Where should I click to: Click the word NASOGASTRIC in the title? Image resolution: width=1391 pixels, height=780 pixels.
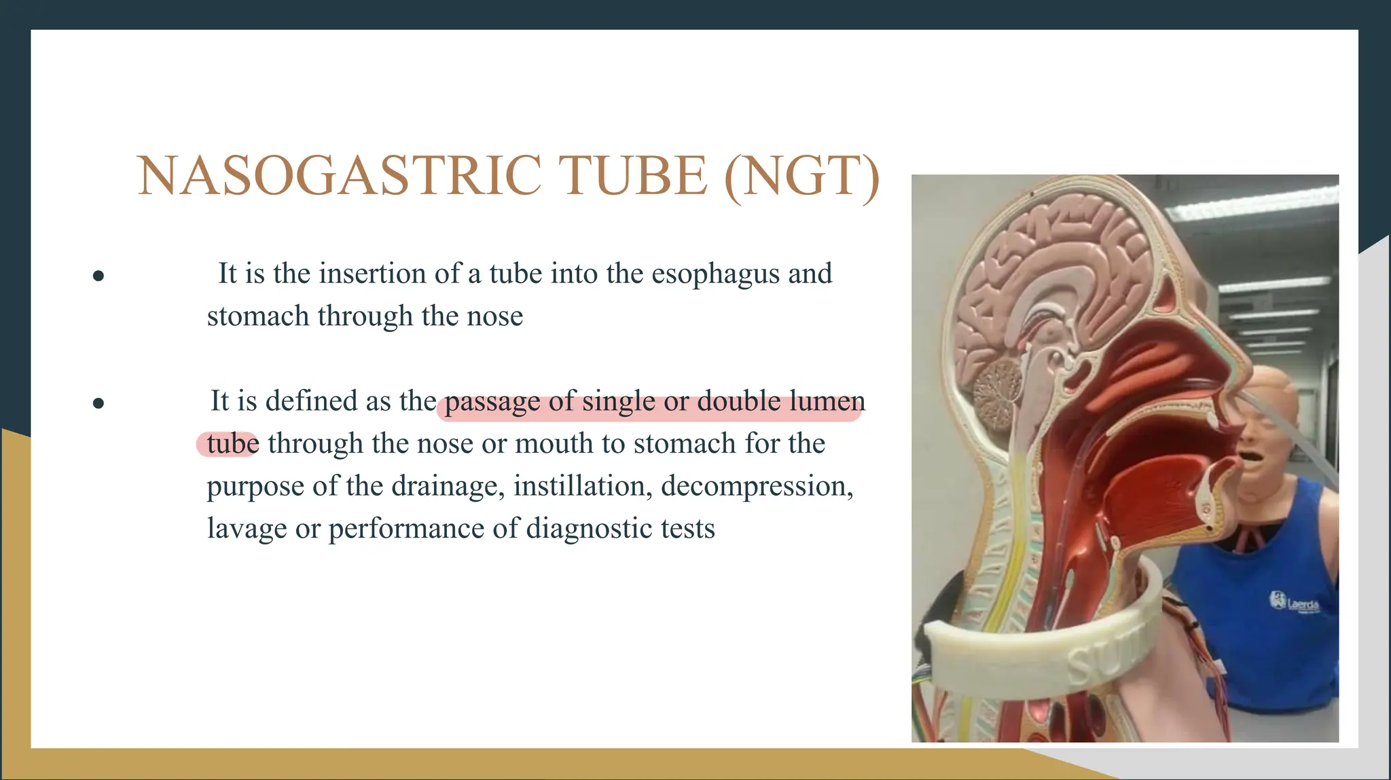pyautogui.click(x=340, y=176)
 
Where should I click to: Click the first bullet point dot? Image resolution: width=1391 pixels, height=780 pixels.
pyautogui.click(x=98, y=275)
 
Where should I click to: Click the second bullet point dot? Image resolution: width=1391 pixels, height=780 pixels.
pyautogui.click(x=98, y=403)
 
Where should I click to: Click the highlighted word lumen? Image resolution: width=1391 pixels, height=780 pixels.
pyautogui.click(x=827, y=401)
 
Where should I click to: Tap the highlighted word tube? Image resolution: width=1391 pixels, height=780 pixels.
pyautogui.click(x=232, y=444)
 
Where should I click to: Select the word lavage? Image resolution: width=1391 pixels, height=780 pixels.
pyautogui.click(x=247, y=529)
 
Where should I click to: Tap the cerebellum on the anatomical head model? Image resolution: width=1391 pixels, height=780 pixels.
pyautogui.click(x=998, y=384)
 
